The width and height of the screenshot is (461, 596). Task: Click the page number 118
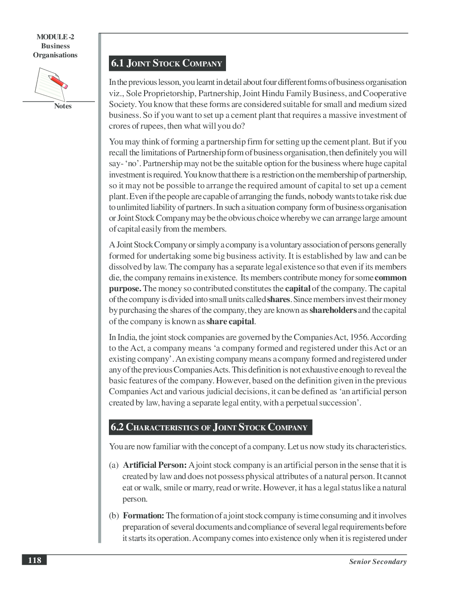click(34, 560)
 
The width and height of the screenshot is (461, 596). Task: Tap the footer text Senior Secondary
click(377, 562)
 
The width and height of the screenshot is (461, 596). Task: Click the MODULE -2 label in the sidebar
click(55, 37)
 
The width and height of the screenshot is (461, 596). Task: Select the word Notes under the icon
click(63, 106)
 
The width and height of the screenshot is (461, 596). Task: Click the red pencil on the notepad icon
click(58, 82)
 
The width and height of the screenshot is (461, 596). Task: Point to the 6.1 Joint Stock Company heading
click(167, 63)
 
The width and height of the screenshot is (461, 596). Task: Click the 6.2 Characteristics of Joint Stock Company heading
click(210, 427)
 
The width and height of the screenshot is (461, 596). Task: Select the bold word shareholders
click(333, 310)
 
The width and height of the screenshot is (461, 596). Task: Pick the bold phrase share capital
click(230, 321)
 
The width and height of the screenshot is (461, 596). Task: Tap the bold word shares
click(278, 299)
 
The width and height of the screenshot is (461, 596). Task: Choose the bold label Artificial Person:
click(155, 465)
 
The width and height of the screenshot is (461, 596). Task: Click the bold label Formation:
click(143, 516)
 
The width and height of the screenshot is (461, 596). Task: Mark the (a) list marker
click(113, 465)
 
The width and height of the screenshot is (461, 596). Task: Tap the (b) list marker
click(113, 516)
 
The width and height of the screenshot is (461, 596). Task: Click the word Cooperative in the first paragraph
click(384, 93)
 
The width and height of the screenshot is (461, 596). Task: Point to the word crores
click(119, 126)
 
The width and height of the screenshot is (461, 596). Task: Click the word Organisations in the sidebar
click(55, 55)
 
